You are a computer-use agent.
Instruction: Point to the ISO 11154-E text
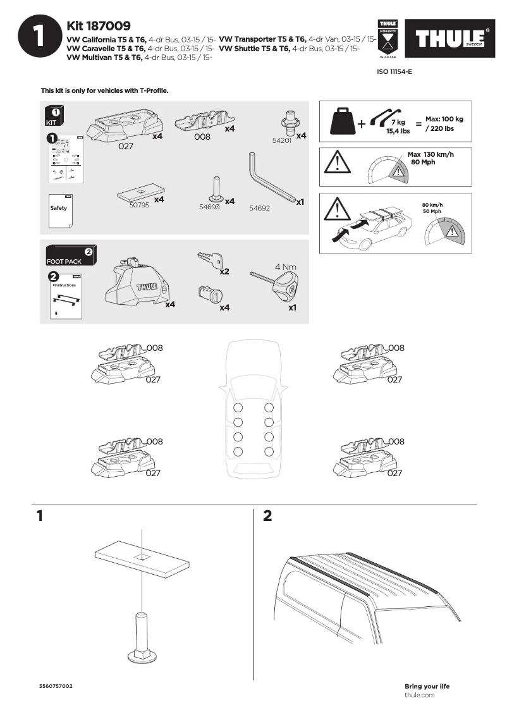pos(394,72)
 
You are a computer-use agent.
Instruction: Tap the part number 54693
pos(209,207)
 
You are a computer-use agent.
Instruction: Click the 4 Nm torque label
pos(286,267)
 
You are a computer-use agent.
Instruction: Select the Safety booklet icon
pos(60,207)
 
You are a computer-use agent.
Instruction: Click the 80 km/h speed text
pos(432,205)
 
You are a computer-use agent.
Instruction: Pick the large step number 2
pos(267,517)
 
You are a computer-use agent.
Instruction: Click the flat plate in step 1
pos(142,559)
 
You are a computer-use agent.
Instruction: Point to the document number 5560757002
pos(56,686)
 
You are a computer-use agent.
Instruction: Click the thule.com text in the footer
pos(419,695)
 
